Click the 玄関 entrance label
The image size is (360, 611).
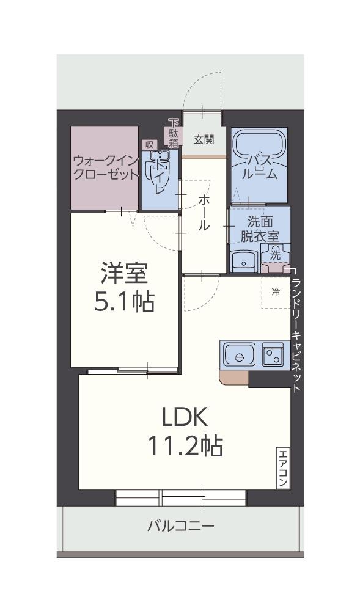point(204,139)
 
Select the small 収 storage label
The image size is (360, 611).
point(149,145)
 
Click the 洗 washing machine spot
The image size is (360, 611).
point(276,252)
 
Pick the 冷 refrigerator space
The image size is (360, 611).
point(276,292)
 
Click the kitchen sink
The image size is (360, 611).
point(240,354)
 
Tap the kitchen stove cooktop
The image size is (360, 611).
point(273,354)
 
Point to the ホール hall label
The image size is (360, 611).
point(204,212)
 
